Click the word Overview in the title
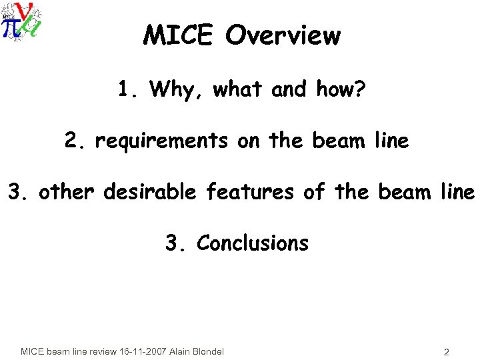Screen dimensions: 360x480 pos(283,35)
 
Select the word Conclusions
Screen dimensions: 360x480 pos(253,243)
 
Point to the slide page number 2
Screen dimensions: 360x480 pos(445,351)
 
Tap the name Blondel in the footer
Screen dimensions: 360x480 pos(207,351)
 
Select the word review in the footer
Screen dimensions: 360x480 pos(99,351)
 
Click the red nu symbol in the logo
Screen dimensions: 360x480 pos(25,12)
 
